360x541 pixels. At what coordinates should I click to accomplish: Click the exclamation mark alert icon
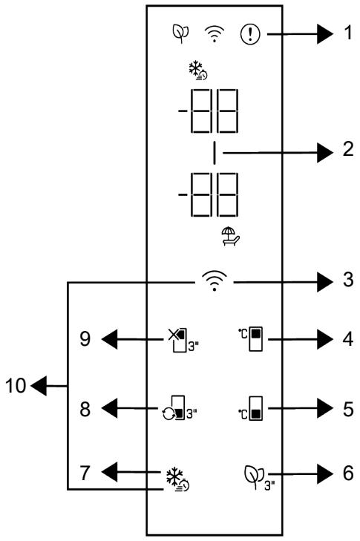click(x=250, y=34)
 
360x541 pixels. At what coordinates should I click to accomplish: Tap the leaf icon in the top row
click(x=180, y=33)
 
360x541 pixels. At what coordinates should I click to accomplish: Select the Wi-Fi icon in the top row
click(x=215, y=34)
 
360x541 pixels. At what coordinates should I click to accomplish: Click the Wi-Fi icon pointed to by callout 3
click(x=215, y=281)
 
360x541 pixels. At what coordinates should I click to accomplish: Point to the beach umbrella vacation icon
click(x=231, y=236)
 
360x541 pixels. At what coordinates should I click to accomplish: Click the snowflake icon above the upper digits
click(x=197, y=71)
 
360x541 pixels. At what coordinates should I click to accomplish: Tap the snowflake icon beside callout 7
click(x=177, y=479)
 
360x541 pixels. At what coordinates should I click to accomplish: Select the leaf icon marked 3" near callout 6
click(x=259, y=477)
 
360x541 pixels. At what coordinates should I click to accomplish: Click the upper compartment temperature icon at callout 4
click(x=251, y=339)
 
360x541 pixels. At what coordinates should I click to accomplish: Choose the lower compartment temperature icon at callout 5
click(x=251, y=408)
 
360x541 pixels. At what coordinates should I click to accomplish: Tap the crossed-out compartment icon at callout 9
click(x=183, y=340)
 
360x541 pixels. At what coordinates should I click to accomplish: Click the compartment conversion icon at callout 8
click(x=180, y=408)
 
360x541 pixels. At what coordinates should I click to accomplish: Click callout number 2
click(x=348, y=149)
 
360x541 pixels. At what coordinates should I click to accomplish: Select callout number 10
click(x=16, y=385)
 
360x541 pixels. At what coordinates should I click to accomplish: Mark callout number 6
click(x=348, y=473)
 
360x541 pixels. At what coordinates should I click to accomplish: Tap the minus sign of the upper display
click(x=183, y=111)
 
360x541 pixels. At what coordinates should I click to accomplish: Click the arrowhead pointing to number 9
click(x=109, y=339)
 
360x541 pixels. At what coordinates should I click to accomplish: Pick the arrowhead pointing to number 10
click(x=39, y=386)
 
